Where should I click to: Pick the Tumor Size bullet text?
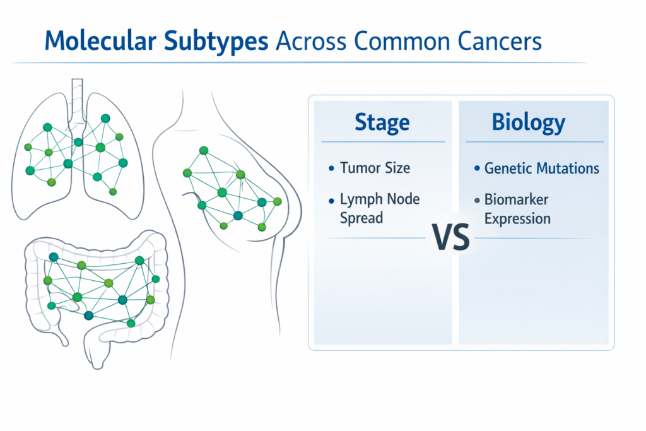[375, 168]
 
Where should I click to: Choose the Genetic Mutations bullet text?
[541, 168]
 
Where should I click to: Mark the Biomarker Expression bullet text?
[517, 209]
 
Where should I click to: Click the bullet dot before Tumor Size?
[331, 168]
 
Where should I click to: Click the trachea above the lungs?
[77, 98]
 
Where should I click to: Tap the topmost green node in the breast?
[203, 150]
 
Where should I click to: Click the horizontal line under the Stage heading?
[382, 141]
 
